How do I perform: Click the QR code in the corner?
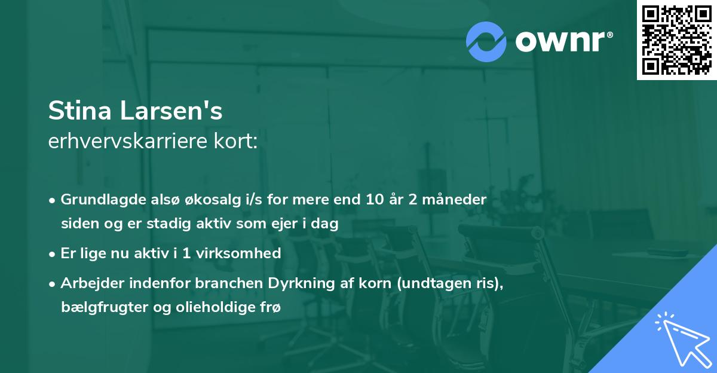(676, 39)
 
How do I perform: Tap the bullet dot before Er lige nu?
(53, 253)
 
